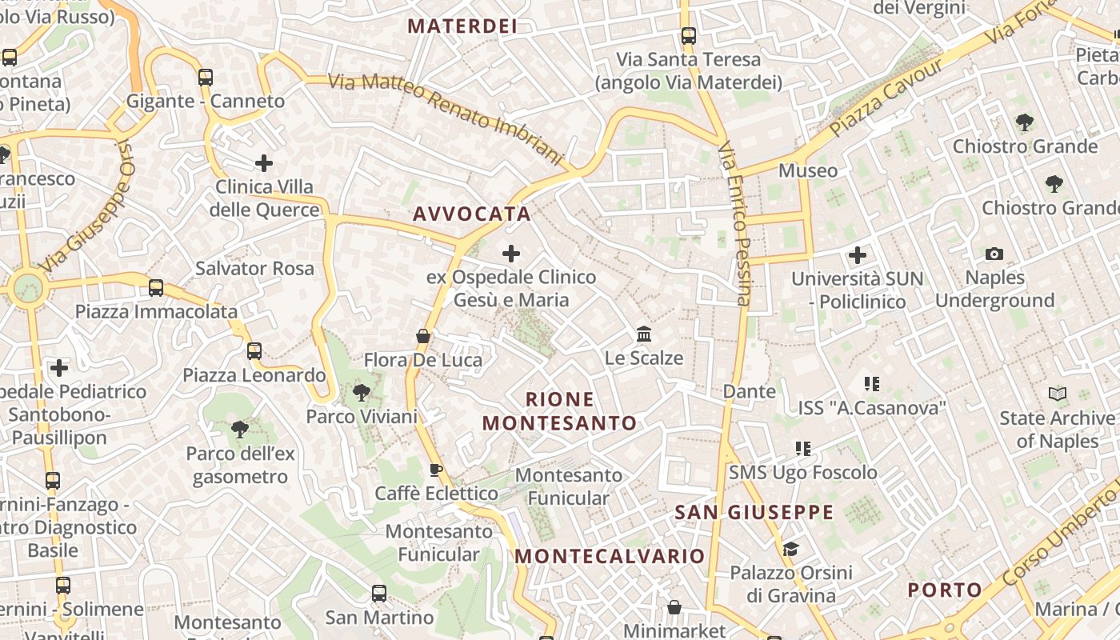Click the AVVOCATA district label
472,214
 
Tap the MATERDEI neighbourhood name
462,26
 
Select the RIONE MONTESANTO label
560,411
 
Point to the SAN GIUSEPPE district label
754,512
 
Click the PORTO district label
945,590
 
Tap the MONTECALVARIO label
610,556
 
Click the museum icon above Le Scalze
644,334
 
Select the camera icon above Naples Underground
994,254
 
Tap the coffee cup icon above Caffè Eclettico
436,470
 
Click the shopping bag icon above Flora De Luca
423,336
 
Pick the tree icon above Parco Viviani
362,392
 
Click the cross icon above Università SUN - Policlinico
858,256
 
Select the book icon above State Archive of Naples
1058,394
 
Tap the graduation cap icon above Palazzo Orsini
790,549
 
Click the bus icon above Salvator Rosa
156,287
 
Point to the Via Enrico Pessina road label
734,224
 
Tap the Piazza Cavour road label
886,96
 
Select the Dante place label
750,391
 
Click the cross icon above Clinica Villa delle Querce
264,164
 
